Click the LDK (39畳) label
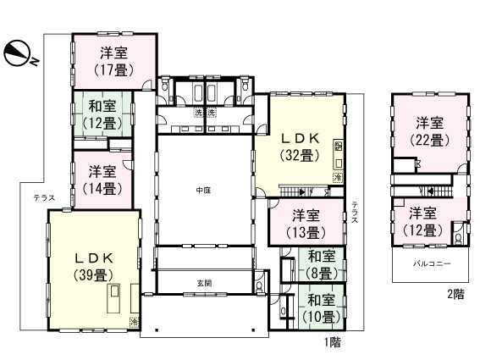tap(95, 264)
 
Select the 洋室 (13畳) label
tap(306, 224)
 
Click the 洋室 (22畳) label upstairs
tap(429, 130)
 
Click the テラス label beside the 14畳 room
tap(44, 197)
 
